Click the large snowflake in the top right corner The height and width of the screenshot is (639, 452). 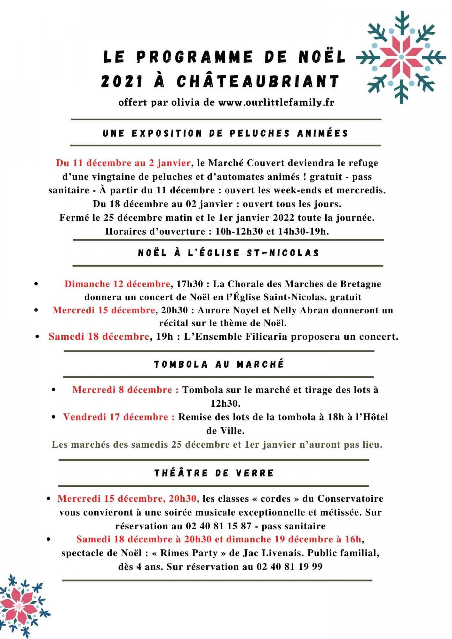click(x=401, y=57)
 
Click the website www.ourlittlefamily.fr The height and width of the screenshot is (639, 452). click(x=276, y=102)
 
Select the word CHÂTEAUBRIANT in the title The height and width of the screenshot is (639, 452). click(x=258, y=81)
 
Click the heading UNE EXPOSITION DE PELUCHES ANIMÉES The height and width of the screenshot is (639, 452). click(x=226, y=133)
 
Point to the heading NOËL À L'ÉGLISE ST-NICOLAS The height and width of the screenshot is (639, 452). click(x=228, y=253)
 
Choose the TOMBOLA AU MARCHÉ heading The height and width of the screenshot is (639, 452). click(x=219, y=364)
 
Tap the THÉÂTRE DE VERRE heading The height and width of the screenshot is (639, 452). click(x=214, y=473)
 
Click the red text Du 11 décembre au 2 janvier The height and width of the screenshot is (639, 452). click(x=123, y=163)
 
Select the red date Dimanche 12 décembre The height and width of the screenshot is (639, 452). click(x=117, y=284)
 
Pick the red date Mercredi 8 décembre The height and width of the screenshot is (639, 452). click(x=122, y=390)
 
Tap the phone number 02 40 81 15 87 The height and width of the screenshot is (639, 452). click(x=219, y=526)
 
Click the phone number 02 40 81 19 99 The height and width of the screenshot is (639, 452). click(x=289, y=566)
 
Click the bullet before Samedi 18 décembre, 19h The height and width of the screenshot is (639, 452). click(x=38, y=337)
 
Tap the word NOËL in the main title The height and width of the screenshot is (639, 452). click(x=322, y=57)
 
